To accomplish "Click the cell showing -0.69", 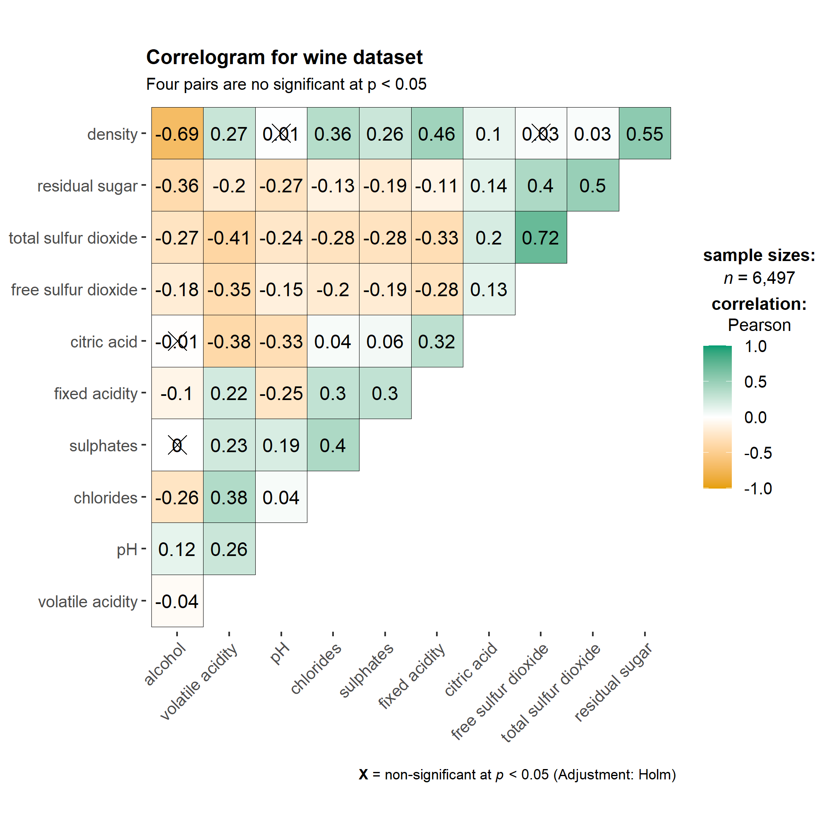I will [177, 134].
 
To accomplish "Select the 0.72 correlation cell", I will [540, 238].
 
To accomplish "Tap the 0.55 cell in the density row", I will [645, 134].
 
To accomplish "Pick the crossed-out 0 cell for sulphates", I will [177, 446].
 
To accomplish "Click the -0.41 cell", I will [229, 238].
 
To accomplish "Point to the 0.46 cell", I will [436, 134].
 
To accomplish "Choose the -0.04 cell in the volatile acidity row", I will [177, 602].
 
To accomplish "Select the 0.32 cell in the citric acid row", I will [436, 342].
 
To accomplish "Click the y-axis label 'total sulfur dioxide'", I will [73, 238].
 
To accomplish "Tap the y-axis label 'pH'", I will [127, 550].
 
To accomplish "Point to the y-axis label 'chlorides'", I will [105, 498].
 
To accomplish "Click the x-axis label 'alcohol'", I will [165, 664].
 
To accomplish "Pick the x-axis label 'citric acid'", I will [471, 669].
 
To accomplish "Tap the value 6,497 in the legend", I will [774, 278].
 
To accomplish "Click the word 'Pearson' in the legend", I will [759, 325].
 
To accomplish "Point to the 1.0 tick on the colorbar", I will [755, 346].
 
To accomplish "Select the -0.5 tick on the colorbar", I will [757, 453].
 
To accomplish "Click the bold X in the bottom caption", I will [364, 775].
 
